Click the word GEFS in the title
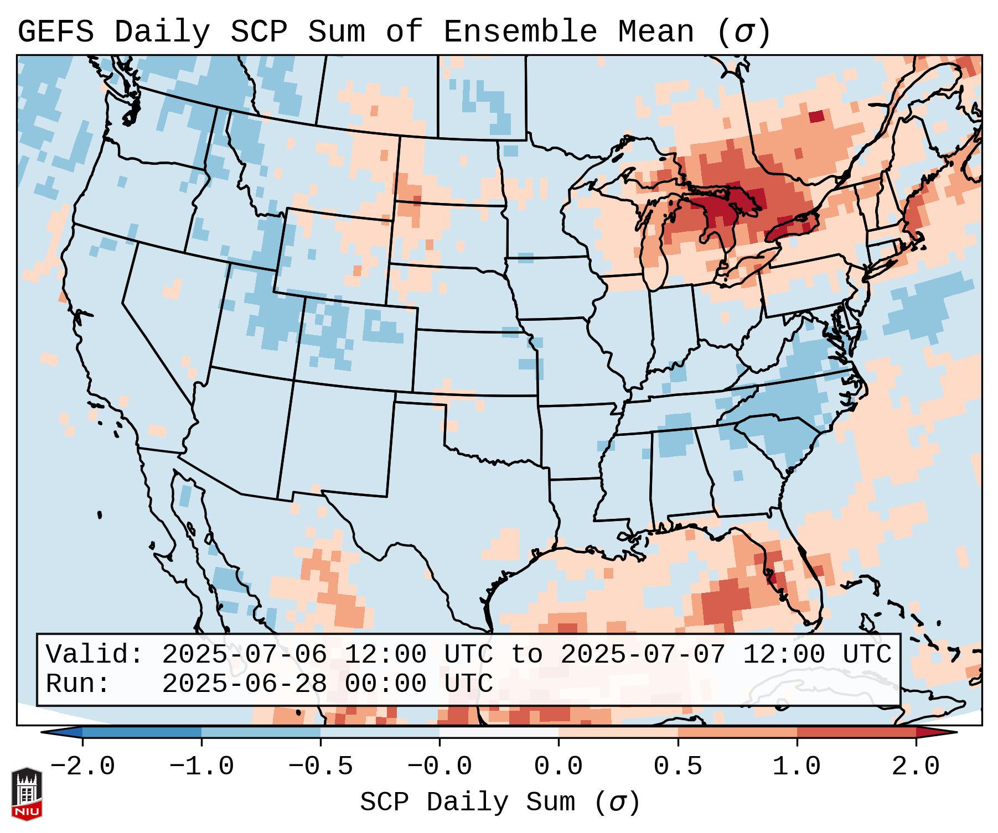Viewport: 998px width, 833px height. [x=55, y=32]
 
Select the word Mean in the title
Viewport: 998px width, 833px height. [x=656, y=32]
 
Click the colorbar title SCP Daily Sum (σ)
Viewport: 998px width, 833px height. [x=499, y=803]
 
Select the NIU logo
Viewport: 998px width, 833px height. [x=27, y=794]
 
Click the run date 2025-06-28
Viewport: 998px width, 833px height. [x=245, y=684]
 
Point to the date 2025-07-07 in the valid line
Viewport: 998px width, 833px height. [x=643, y=655]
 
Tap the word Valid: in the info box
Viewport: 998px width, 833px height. [x=95, y=655]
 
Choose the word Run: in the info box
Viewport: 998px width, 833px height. [x=78, y=684]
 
